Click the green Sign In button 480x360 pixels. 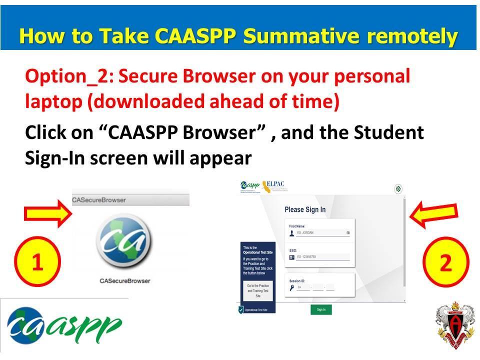[321, 309]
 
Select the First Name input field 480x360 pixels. [322, 233]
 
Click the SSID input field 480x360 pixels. [322, 257]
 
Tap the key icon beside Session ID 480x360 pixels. [291, 287]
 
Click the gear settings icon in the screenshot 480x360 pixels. [398, 189]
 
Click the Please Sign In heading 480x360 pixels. [305, 209]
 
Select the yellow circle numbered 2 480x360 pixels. [445, 262]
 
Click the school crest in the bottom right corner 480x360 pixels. [454, 327]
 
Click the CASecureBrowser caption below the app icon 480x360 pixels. [125, 281]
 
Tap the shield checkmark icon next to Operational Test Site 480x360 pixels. [240, 310]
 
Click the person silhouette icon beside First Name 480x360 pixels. [292, 233]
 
